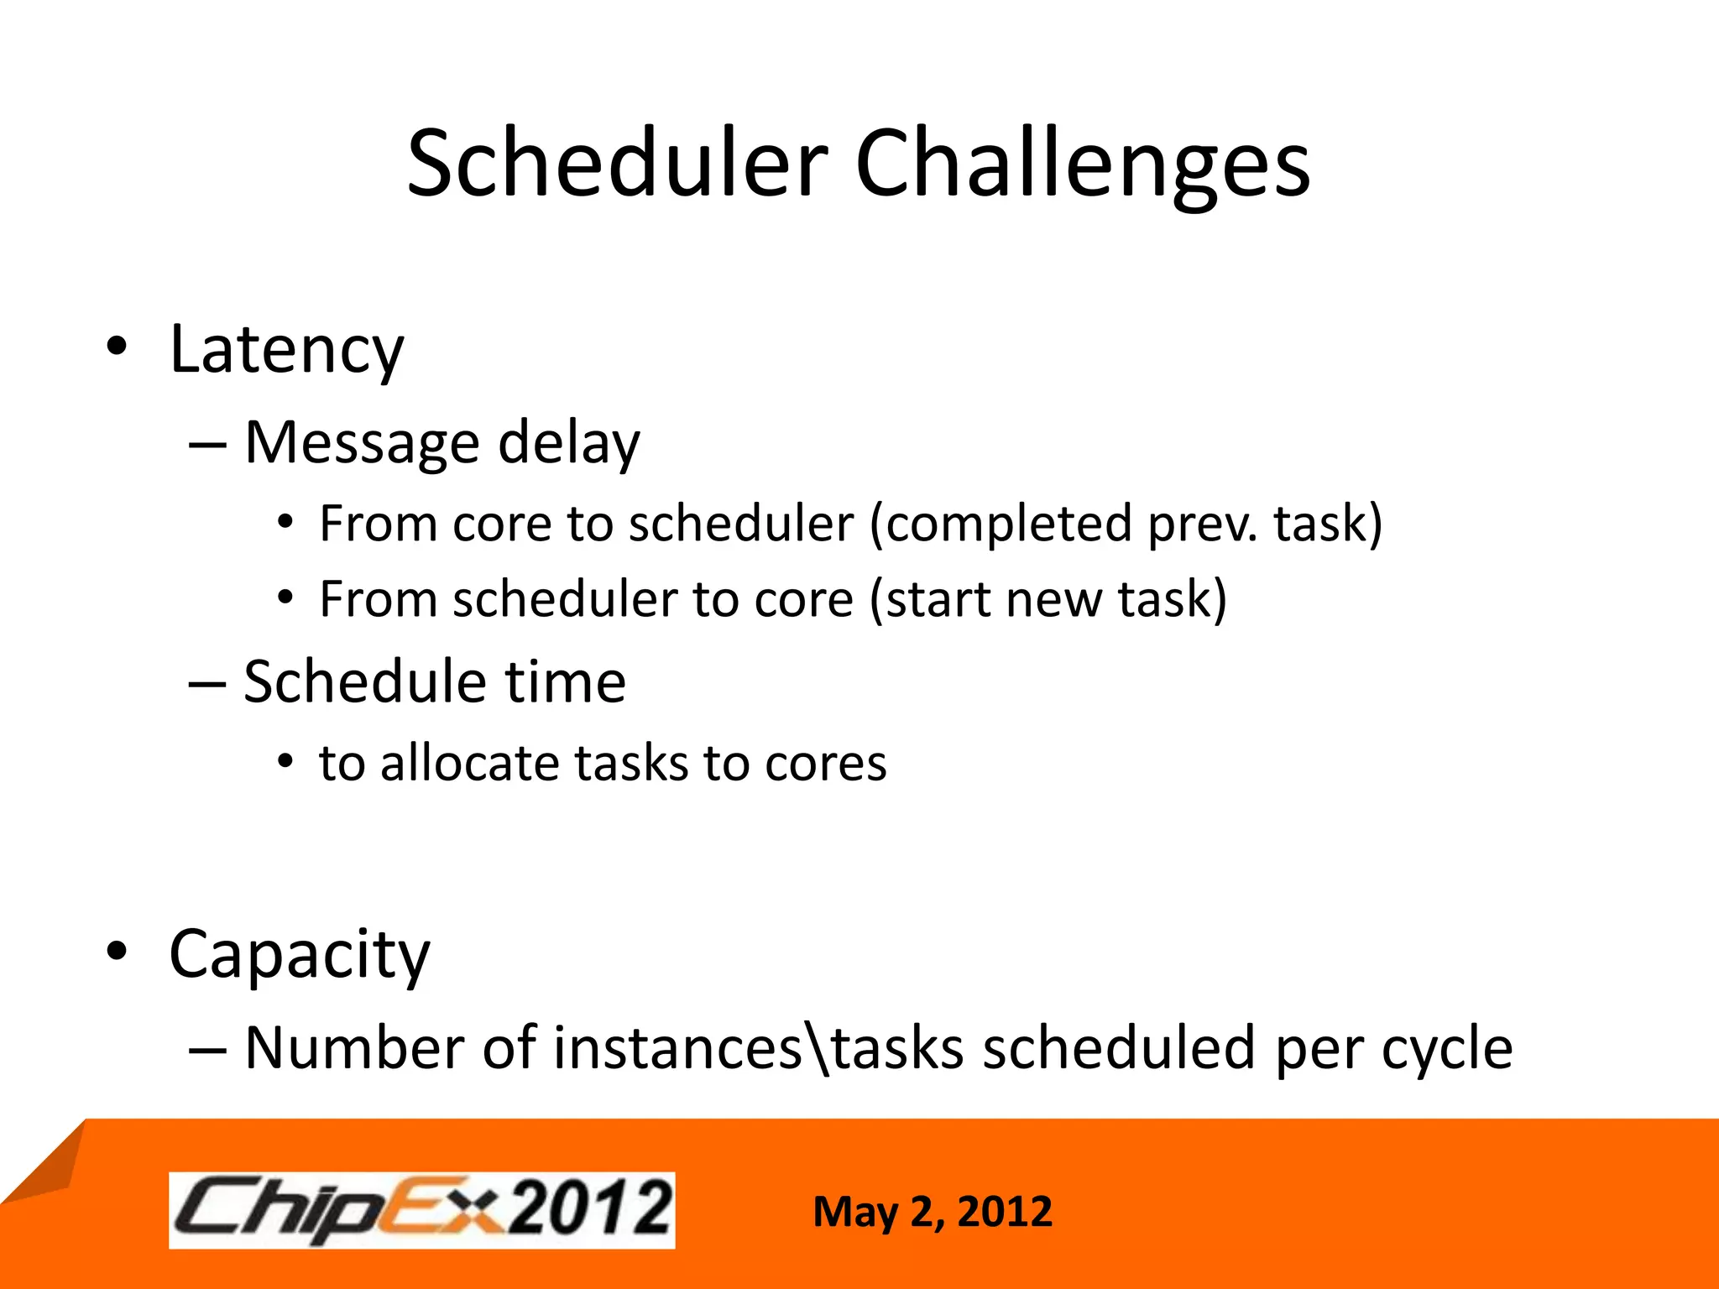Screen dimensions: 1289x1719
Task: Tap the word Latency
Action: [x=286, y=350]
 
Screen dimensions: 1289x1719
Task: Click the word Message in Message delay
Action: [x=362, y=442]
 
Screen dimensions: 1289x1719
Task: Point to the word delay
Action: [x=568, y=442]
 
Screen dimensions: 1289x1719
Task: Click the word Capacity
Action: [x=299, y=955]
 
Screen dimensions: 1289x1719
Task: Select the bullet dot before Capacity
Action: [x=117, y=951]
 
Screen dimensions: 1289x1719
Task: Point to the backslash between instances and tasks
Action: [x=818, y=1048]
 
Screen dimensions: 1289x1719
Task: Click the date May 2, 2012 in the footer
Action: [x=932, y=1212]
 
